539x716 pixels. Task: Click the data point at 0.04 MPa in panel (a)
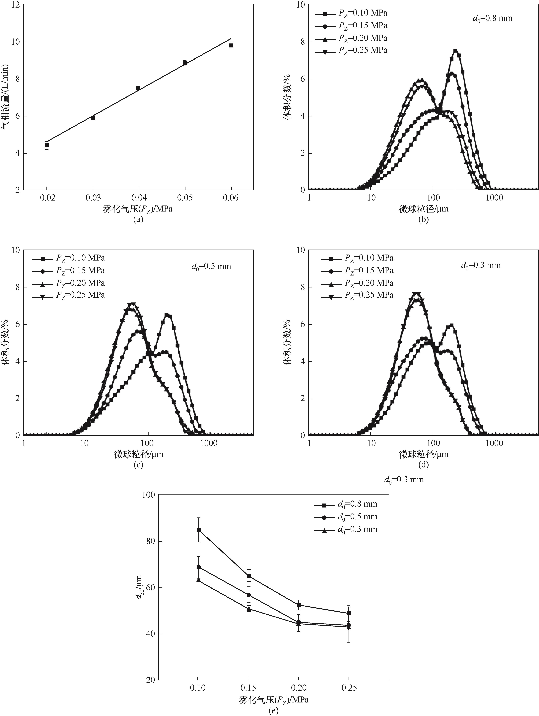pyautogui.click(x=138, y=88)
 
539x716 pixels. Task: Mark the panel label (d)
pyautogui.click(x=423, y=465)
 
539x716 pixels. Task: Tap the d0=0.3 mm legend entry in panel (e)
pyautogui.click(x=345, y=530)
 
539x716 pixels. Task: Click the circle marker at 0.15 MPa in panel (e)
pyautogui.click(x=249, y=595)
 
